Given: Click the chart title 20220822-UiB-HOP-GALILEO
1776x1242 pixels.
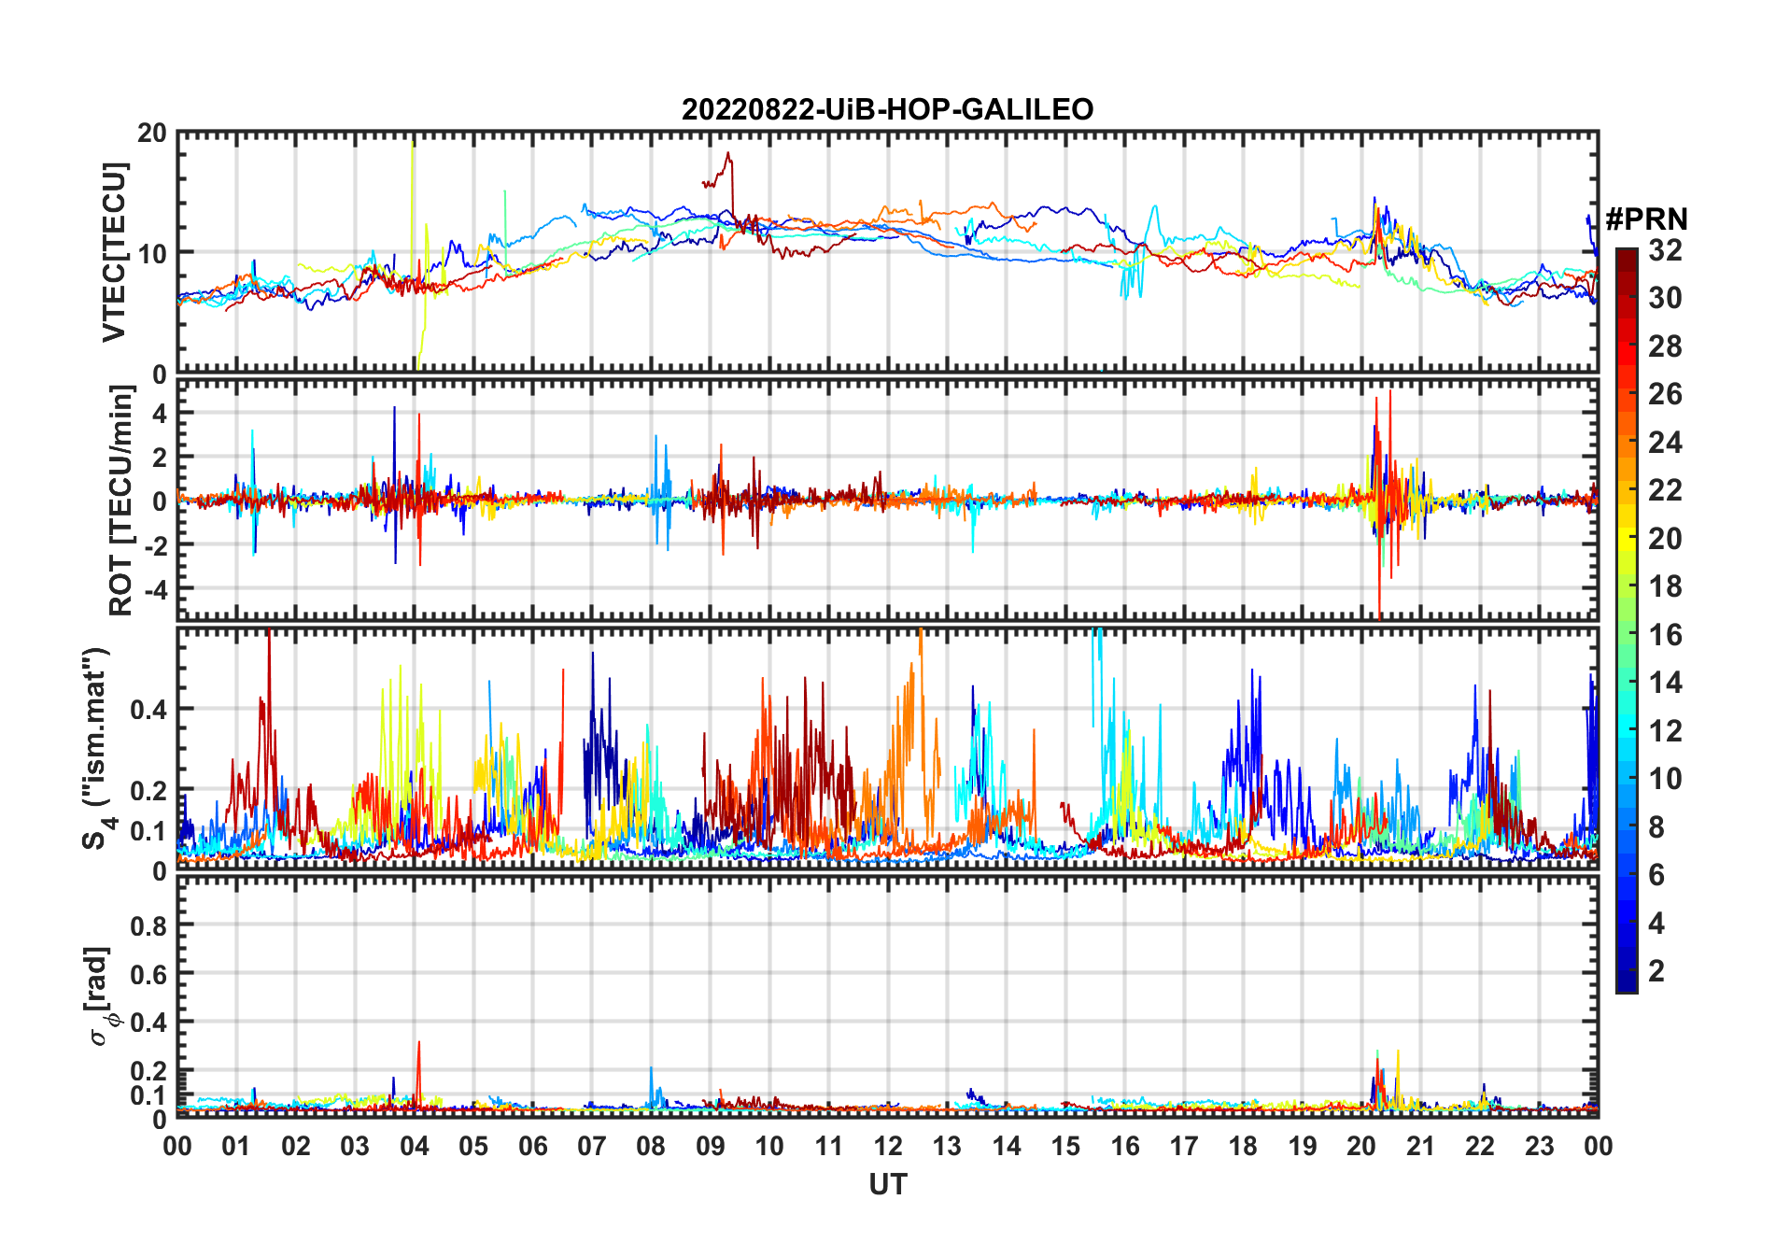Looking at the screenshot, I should [887, 110].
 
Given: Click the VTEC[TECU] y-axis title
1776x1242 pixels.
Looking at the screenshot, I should [114, 252].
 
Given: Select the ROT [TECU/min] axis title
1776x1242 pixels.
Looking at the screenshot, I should [121, 501].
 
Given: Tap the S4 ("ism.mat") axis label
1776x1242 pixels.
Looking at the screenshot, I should [95, 748].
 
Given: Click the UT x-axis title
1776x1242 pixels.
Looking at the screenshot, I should [887, 1184].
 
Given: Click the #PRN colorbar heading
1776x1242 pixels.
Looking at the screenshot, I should [1646, 219].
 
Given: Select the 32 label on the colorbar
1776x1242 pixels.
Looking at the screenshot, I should [1665, 250].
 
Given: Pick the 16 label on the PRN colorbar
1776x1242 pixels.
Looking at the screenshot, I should [1665, 635].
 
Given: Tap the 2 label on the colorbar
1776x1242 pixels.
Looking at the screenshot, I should [1656, 971].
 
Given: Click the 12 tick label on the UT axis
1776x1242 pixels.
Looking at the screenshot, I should [888, 1146].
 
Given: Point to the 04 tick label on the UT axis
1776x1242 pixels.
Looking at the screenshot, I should [415, 1146].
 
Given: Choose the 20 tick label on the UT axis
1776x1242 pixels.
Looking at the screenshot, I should [1361, 1146].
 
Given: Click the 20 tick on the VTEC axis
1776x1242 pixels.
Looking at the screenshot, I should [152, 134].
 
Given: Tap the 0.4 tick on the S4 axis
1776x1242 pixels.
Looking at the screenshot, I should [148, 709].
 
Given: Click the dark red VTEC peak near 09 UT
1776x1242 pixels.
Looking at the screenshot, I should [728, 154].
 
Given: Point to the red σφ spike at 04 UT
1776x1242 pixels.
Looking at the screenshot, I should [418, 1043].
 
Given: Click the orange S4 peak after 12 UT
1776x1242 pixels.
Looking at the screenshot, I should [920, 635].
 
